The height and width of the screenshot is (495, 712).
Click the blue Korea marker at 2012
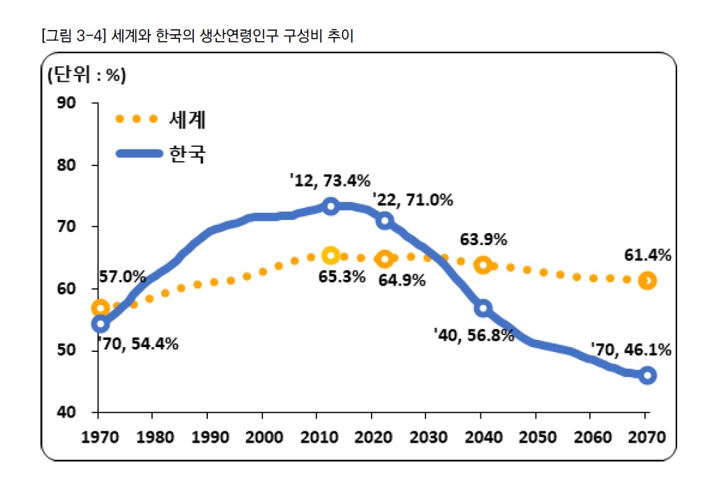(x=331, y=206)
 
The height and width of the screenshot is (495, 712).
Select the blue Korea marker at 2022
(x=384, y=221)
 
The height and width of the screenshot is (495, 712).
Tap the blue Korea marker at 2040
(x=483, y=308)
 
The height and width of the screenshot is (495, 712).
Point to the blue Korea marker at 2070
(x=647, y=375)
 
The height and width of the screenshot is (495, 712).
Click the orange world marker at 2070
(x=647, y=281)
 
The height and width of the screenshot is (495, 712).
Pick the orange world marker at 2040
(x=483, y=265)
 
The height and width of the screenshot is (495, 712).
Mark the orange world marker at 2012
(x=331, y=256)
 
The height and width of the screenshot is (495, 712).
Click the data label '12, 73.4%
(x=329, y=181)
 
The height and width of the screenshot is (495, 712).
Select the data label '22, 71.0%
(x=413, y=200)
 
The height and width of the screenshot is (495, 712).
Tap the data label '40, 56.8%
(x=474, y=335)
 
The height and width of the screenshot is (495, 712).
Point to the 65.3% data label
(x=342, y=276)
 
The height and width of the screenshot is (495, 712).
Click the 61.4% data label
(x=647, y=256)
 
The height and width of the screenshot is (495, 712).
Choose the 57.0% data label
(x=123, y=276)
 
